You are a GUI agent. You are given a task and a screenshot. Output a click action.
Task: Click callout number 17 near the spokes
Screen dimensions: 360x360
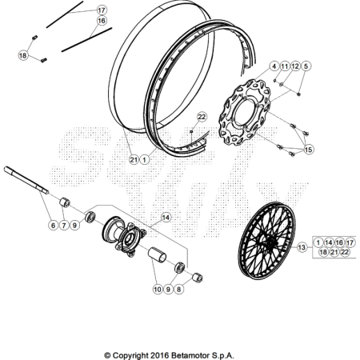coord(102,10)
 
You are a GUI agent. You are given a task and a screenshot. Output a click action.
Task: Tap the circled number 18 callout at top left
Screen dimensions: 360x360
coord(23,55)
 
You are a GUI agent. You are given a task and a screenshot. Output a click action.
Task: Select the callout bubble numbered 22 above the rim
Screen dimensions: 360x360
coord(202,117)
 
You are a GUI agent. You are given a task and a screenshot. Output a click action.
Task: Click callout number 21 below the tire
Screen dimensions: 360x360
coord(134,160)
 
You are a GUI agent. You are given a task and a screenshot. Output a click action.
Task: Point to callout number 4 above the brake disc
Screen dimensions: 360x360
coord(274,66)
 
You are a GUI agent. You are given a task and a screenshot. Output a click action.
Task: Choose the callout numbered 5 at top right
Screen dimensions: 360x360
coord(306,66)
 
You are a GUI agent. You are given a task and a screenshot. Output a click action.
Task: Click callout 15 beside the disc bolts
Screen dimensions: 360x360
coord(308,150)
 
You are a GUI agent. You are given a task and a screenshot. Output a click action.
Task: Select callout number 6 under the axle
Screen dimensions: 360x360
coord(54,226)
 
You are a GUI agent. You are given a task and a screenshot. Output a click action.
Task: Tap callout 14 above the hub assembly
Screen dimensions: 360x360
coord(166,218)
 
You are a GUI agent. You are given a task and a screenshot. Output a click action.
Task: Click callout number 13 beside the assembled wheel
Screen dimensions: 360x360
coord(302,247)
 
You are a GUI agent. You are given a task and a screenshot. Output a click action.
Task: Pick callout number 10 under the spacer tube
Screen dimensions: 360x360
coord(158,289)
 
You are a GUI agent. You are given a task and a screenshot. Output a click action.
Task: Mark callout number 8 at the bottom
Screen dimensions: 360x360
coord(178,289)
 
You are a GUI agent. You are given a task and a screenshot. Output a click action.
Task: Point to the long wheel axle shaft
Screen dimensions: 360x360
coord(26,180)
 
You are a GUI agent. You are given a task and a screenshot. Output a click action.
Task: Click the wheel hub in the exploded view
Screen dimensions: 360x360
coord(124,236)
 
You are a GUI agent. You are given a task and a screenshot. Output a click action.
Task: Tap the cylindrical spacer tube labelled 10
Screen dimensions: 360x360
coord(157,254)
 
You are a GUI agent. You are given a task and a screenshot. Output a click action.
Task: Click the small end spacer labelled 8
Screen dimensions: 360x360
coord(198,278)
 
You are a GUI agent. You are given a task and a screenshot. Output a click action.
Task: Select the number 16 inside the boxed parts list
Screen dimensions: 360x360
coord(339,242)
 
